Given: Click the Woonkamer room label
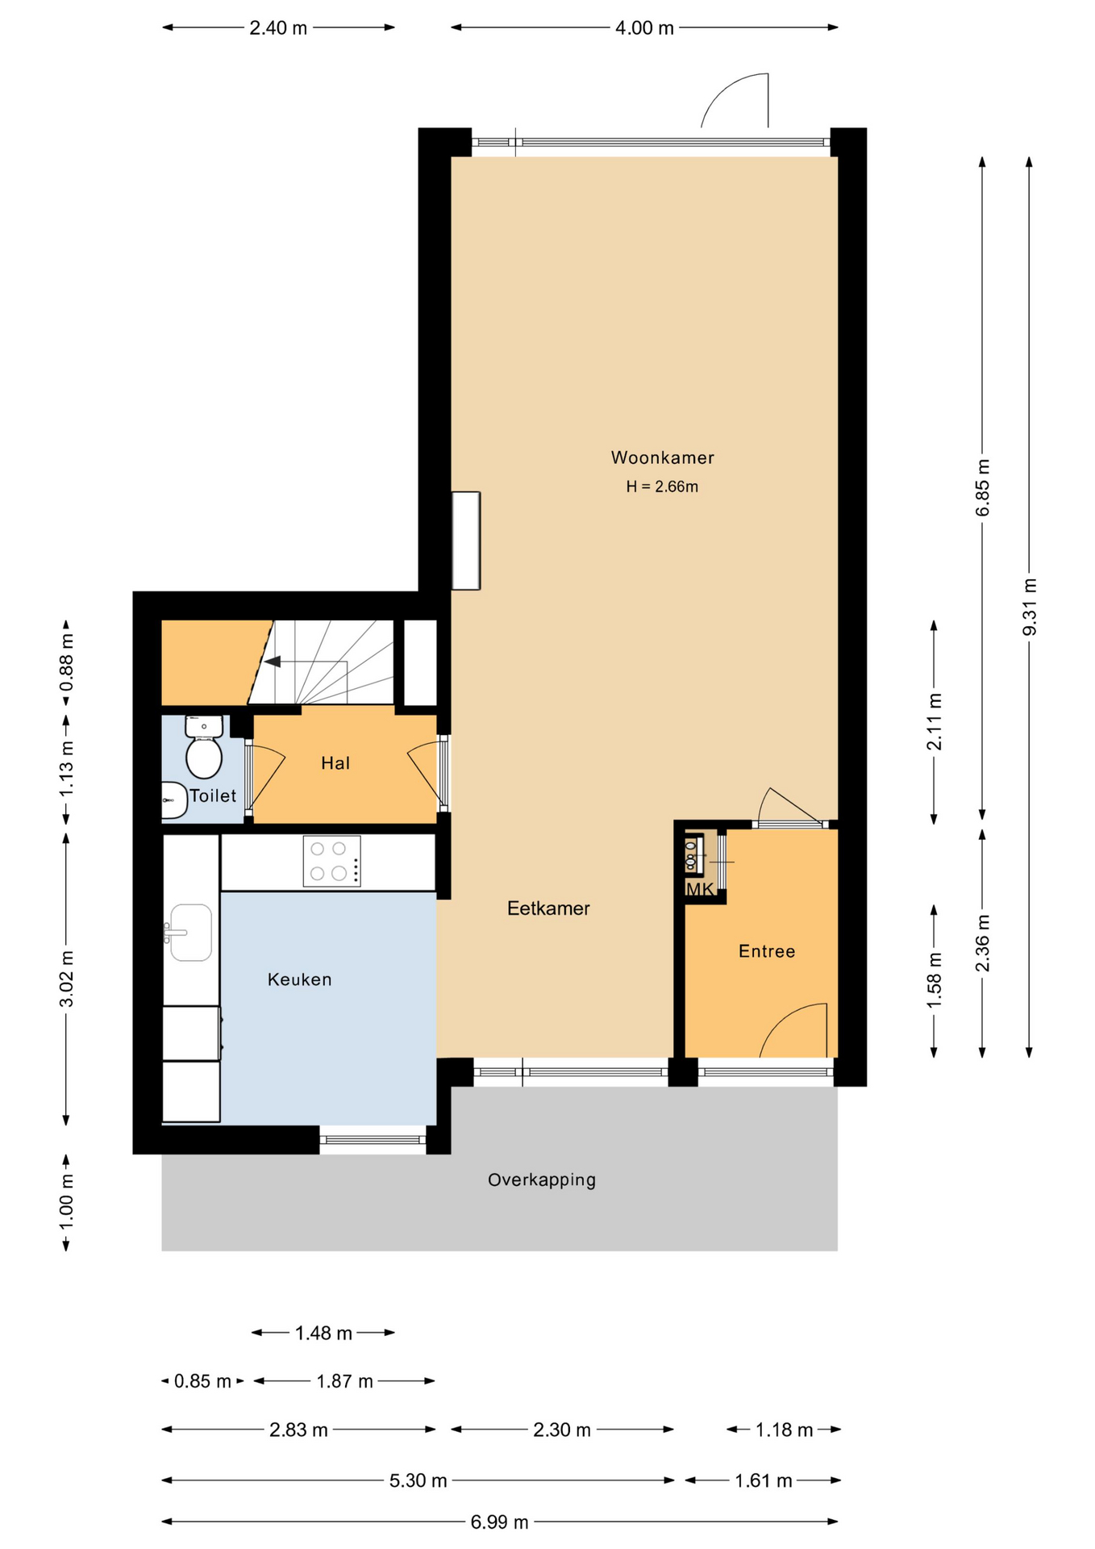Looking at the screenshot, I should tap(662, 457).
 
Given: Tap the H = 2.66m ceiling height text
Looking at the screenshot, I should tap(661, 486).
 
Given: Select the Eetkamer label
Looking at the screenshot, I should tap(548, 908).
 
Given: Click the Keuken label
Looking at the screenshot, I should tap(299, 979).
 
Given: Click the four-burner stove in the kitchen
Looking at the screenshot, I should tap(331, 861).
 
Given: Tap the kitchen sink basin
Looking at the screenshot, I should tap(191, 933).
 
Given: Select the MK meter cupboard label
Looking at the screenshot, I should tap(699, 889).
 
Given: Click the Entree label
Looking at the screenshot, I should tap(766, 951).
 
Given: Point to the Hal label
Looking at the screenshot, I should tap(335, 763).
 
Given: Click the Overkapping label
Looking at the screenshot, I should tap(541, 1179).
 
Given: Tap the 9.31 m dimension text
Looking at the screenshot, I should tap(1029, 607).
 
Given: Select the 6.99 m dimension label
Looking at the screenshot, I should tap(499, 1522).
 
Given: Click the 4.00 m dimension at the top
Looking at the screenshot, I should tap(643, 28).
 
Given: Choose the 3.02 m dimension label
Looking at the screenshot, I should tap(66, 978).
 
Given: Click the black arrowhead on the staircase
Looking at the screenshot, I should tap(273, 662).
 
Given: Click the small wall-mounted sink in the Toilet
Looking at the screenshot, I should tap(173, 800).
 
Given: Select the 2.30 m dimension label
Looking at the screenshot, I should tap(561, 1430).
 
